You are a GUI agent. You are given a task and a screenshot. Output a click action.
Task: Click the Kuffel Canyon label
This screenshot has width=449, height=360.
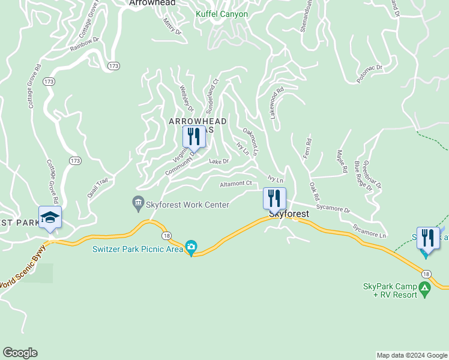(221, 14)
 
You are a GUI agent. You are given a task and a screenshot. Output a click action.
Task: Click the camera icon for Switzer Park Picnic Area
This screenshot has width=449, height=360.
(191, 247)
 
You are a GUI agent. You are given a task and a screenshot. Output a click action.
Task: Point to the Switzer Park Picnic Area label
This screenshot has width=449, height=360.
(137, 250)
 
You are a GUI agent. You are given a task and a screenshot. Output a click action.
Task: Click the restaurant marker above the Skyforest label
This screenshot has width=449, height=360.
(274, 198)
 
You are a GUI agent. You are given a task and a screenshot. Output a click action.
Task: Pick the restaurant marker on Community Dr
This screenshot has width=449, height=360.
(193, 137)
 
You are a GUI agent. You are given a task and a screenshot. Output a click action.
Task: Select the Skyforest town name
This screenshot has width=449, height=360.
(289, 214)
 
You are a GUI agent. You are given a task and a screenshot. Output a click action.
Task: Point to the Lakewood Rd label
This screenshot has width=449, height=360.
(275, 104)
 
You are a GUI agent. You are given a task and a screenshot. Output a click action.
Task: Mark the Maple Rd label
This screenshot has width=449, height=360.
(342, 161)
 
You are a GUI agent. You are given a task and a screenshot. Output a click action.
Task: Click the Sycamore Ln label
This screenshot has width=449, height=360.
(369, 231)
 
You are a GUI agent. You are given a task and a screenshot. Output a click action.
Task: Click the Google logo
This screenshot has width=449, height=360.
(20, 353)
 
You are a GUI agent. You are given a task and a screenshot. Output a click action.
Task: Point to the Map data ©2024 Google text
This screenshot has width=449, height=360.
(412, 355)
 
